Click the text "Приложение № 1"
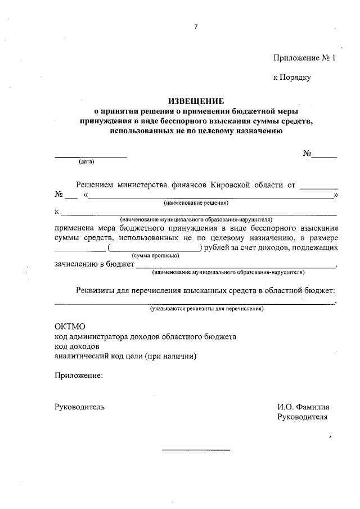(304, 57)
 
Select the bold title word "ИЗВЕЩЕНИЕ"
(195, 101)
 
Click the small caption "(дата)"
(87, 163)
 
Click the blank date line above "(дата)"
(91, 156)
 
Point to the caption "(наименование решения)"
(196, 202)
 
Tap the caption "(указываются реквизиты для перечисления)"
(206, 309)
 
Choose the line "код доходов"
(76, 346)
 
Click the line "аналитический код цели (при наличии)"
(125, 356)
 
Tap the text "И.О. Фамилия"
(303, 407)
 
